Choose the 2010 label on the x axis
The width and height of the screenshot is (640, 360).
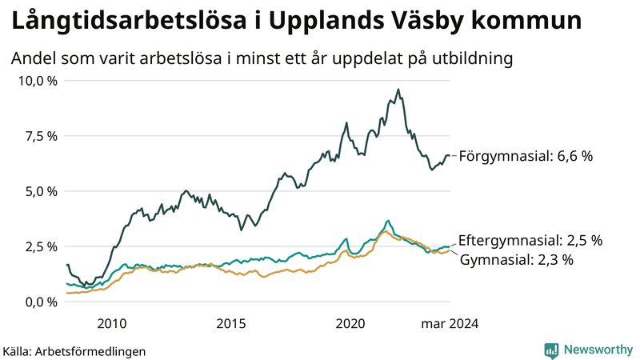pos(112,323)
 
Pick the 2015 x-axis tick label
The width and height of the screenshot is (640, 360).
pos(231,323)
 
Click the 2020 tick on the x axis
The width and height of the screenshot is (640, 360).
pos(350,323)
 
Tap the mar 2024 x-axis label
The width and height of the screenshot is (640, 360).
pos(450,323)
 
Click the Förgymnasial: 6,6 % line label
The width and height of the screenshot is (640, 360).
pos(526,157)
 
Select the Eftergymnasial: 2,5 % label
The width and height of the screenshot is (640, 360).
pos(530,240)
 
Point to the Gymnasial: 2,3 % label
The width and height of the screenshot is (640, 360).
pos(518,259)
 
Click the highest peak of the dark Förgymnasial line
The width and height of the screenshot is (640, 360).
pos(398,90)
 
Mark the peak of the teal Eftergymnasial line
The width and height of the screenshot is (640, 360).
pos(388,220)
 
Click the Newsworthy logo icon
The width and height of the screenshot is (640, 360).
pos(551,350)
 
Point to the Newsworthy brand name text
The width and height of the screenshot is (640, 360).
pos(598,350)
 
